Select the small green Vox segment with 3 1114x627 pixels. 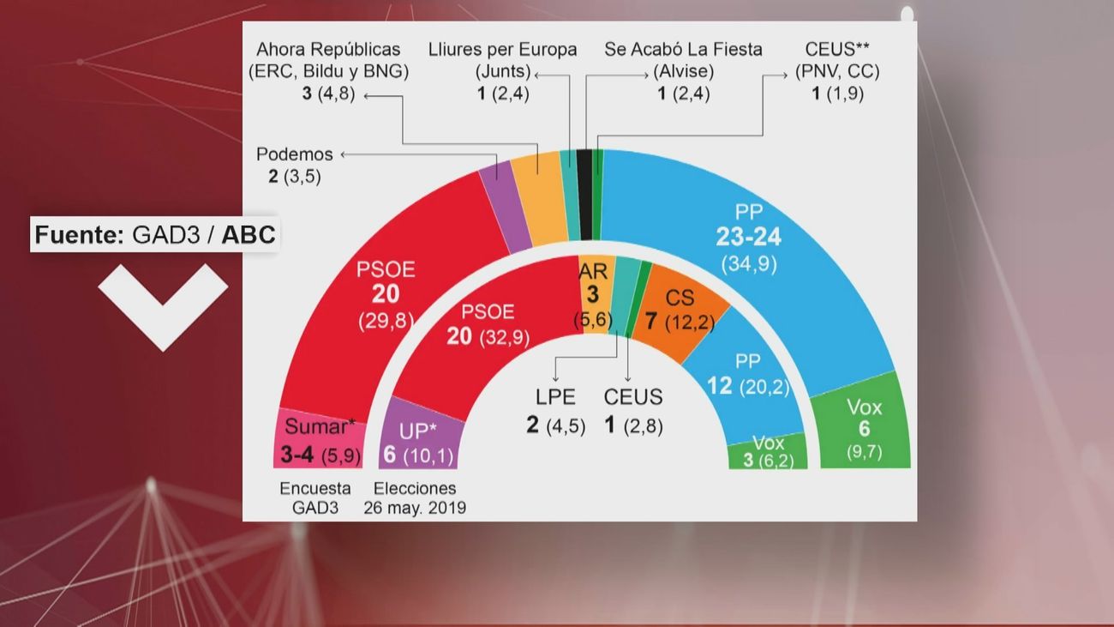click(768, 451)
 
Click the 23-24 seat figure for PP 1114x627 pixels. click(749, 237)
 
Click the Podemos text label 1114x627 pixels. click(294, 154)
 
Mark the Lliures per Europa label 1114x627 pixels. click(503, 49)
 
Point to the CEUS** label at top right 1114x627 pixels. click(842, 49)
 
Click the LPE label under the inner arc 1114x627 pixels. click(556, 396)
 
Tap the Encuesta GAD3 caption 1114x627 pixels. click(315, 497)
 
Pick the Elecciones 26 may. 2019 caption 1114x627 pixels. click(415, 497)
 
